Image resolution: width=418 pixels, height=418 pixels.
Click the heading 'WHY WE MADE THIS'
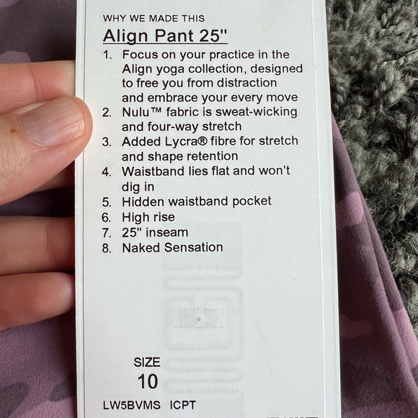tap(154, 18)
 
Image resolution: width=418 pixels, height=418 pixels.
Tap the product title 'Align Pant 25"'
tap(165, 36)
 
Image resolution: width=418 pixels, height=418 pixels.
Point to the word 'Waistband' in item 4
tap(155, 172)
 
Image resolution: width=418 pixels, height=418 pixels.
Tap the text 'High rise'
tap(148, 217)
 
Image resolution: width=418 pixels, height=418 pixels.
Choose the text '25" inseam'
tap(156, 232)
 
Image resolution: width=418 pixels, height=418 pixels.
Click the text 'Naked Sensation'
tap(172, 247)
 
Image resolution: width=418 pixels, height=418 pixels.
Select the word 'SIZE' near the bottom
tap(147, 362)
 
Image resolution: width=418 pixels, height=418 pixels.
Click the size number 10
tap(147, 381)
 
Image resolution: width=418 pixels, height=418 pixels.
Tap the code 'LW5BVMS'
tap(132, 404)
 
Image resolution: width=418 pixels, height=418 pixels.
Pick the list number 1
tap(107, 55)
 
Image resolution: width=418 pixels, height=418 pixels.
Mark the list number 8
tap(107, 248)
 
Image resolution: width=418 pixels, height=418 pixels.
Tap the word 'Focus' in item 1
tap(139, 54)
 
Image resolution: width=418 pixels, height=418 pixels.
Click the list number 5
tap(107, 203)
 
